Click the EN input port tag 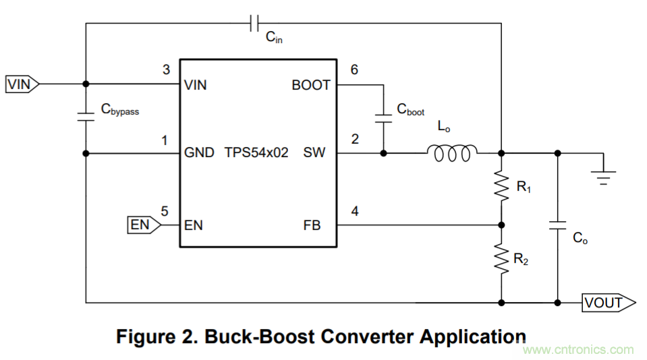click(144, 224)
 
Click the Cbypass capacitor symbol click(86, 116)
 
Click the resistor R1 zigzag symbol click(501, 185)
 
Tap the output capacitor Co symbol click(557, 229)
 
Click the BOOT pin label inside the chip click(311, 85)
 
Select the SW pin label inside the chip click(314, 152)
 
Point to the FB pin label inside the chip click(312, 225)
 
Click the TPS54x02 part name click(256, 152)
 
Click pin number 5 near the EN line click(165, 210)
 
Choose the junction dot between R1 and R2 click(501, 225)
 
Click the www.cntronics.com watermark click(579, 350)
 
